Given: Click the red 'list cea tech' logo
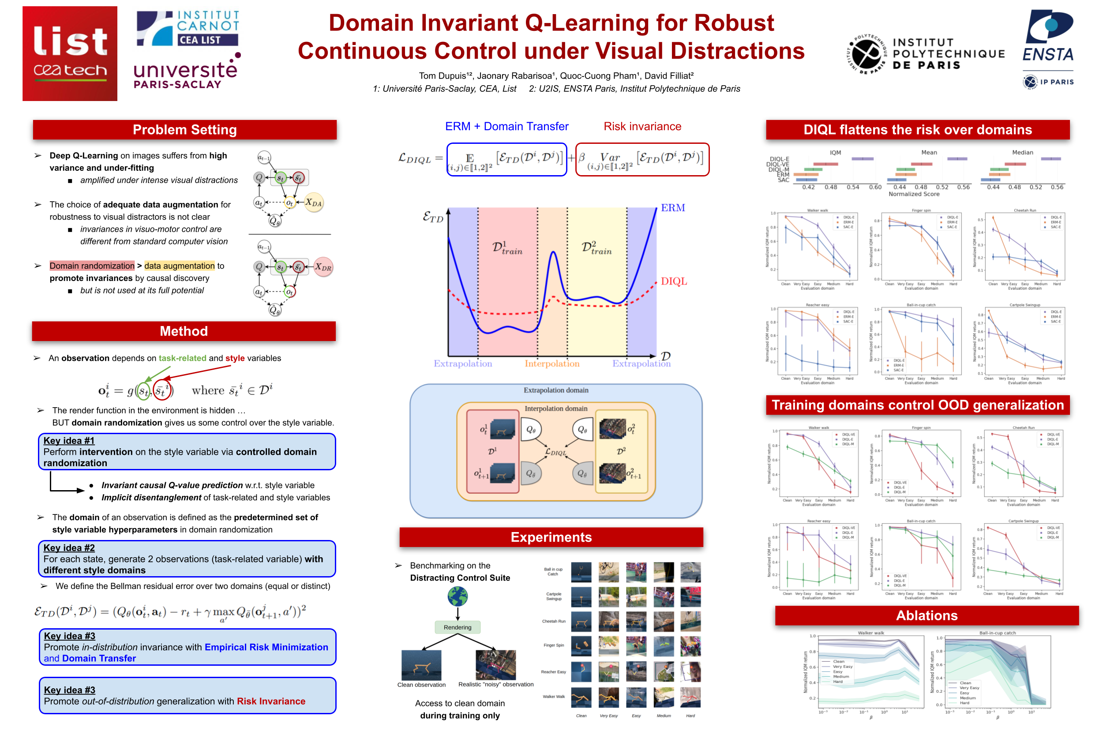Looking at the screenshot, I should click(x=70, y=53).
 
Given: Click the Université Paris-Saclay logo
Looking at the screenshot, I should click(x=186, y=73).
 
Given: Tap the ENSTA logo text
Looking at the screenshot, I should click(x=1047, y=55).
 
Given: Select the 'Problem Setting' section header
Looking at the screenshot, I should click(x=184, y=130).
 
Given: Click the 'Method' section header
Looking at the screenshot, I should click(x=183, y=331).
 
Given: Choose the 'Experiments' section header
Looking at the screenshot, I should click(x=551, y=537).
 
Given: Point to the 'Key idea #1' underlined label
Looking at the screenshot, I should click(x=69, y=441).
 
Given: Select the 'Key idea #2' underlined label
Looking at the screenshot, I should click(x=69, y=547).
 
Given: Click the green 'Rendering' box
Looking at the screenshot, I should click(x=457, y=627).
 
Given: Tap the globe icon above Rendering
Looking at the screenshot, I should click(x=457, y=596).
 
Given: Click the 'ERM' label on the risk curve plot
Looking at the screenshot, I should click(x=672, y=208).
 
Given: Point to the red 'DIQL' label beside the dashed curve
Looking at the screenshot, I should click(x=673, y=281).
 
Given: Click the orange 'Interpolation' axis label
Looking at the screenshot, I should click(x=552, y=364).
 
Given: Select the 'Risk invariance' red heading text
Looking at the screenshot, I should click(x=642, y=126).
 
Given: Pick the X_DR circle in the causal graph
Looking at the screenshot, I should click(x=323, y=267).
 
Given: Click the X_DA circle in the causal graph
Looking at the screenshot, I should click(x=314, y=202).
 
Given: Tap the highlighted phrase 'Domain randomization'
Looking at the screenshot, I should click(x=92, y=266).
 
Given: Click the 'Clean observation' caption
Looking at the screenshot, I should click(x=421, y=685).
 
